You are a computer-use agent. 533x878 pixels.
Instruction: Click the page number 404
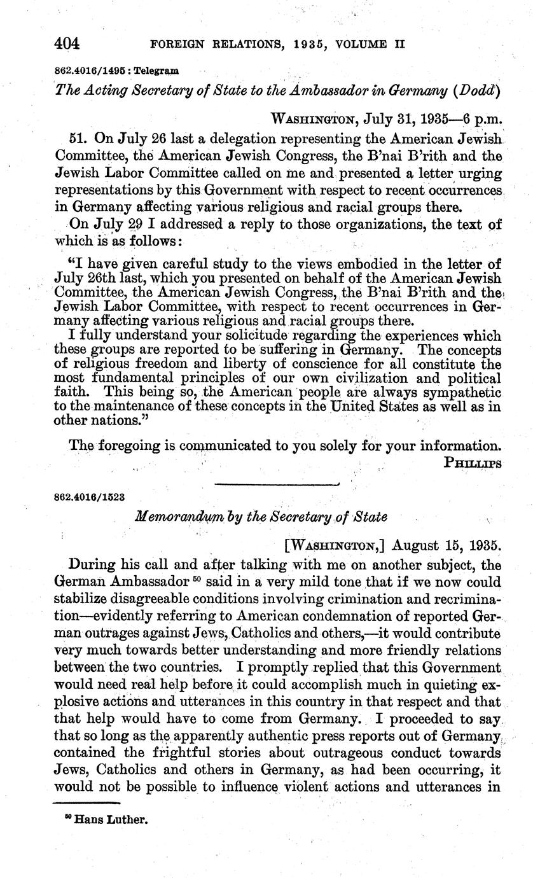[67, 43]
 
